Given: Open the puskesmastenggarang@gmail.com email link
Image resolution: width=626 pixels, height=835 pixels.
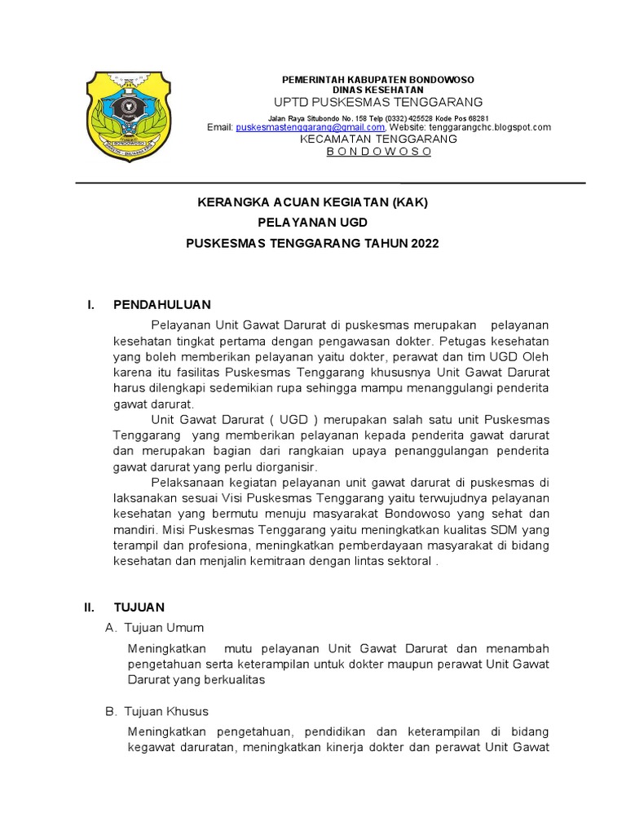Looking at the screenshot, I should (310, 127).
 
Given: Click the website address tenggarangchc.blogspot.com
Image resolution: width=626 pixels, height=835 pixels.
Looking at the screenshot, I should (488, 127).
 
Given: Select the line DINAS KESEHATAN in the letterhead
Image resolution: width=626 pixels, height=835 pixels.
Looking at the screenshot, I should (377, 89).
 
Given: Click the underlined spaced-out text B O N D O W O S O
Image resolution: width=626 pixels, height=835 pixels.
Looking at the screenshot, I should (378, 152).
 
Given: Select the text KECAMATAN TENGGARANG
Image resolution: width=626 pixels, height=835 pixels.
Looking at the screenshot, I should (378, 139).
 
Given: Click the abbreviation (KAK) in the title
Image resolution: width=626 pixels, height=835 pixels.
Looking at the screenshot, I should (409, 201).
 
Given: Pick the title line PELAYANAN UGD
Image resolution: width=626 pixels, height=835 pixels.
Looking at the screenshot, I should (313, 222).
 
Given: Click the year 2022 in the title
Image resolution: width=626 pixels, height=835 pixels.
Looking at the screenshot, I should (424, 243).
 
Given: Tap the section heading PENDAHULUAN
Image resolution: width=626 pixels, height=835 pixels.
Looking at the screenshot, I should (162, 304).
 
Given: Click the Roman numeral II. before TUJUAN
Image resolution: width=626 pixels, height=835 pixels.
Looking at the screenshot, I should (90, 607).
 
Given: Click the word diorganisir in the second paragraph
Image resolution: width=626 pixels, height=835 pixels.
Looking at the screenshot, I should (286, 466).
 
